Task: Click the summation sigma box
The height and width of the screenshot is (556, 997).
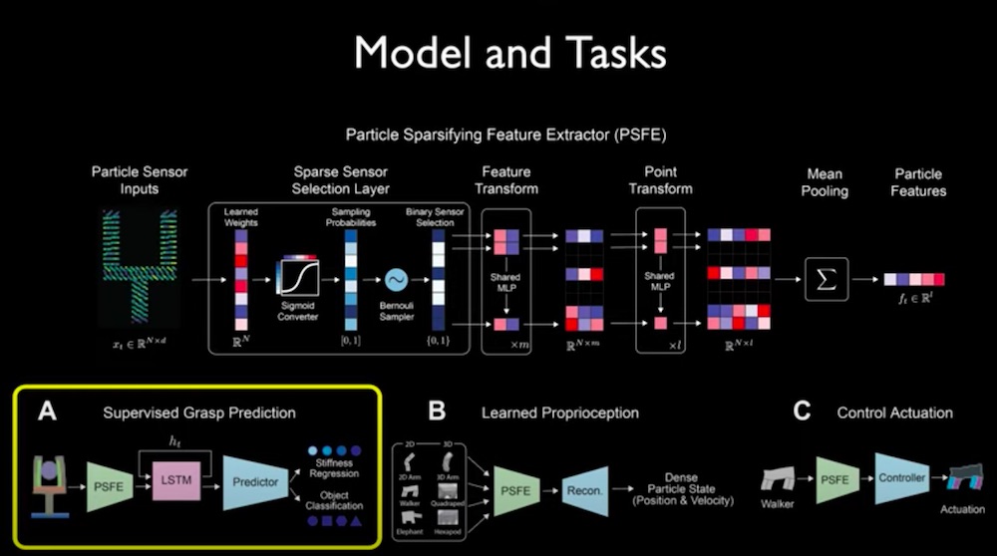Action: coord(828,279)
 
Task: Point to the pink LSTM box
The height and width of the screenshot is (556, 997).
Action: coord(171,480)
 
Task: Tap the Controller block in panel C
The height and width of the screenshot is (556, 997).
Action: coord(900,478)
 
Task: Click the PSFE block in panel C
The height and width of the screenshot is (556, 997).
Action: coord(838,479)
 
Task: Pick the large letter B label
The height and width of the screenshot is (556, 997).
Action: coord(437,411)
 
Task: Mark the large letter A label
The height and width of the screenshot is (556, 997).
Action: coord(45,410)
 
